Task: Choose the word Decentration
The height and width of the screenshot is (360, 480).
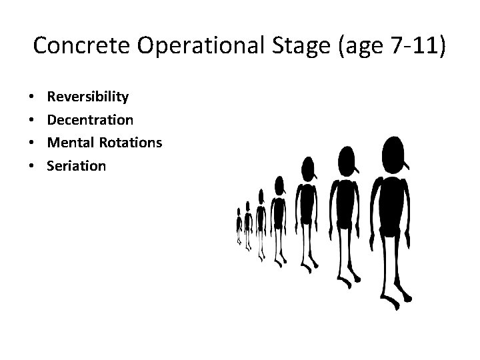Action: point(90,120)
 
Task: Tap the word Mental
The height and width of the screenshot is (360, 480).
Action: point(69,143)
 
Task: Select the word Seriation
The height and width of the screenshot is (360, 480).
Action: point(76,165)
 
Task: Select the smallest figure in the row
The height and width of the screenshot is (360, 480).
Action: point(239,227)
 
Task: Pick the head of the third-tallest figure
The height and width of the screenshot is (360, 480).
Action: point(307,167)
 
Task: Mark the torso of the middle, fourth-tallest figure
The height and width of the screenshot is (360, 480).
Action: point(279,213)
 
